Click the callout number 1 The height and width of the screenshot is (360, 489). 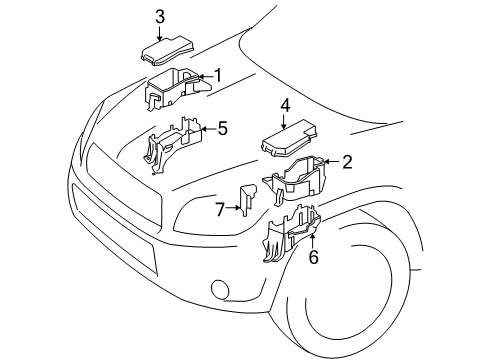coord(217,75)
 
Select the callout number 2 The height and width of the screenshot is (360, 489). coord(347,161)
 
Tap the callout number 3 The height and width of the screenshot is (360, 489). coord(160,15)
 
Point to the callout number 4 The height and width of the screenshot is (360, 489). coord(285,104)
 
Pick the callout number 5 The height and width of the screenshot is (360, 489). coord(222,127)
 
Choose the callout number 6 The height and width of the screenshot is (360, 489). coord(313,256)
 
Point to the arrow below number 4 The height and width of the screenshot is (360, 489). coord(285,120)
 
